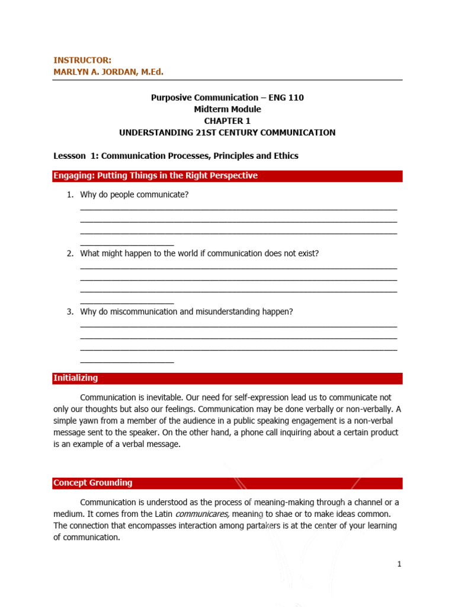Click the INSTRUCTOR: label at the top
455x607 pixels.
[82, 60]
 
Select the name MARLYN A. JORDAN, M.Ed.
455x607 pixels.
[108, 72]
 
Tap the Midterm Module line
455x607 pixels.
[227, 109]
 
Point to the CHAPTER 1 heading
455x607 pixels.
[227, 121]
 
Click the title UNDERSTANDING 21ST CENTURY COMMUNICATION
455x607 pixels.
[227, 133]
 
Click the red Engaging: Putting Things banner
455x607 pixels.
[227, 176]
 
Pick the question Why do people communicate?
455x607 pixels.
[134, 194]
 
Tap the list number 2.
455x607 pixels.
[69, 253]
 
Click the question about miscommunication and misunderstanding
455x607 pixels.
[186, 312]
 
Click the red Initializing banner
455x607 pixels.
[227, 378]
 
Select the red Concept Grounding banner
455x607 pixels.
[227, 483]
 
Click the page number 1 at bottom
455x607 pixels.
[399, 564]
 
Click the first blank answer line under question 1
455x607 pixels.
[238, 209]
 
